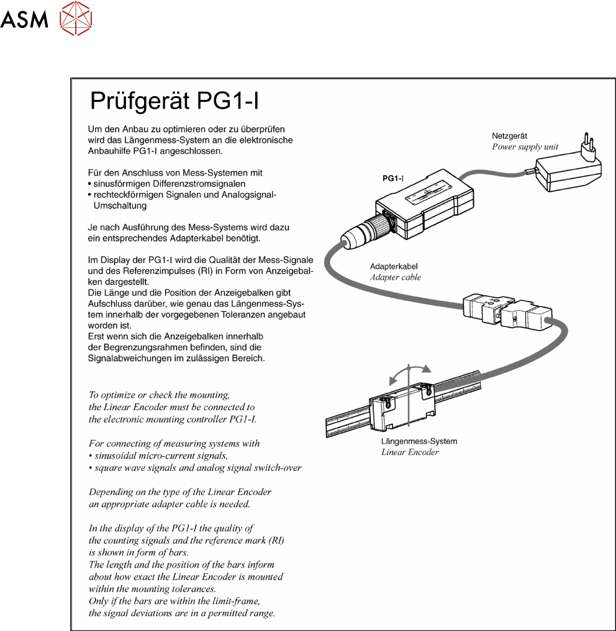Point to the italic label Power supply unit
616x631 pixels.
(525, 147)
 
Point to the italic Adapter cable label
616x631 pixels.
(395, 277)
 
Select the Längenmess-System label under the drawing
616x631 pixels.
(419, 441)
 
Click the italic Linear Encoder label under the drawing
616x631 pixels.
(410, 452)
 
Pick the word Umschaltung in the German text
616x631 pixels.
(119, 205)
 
